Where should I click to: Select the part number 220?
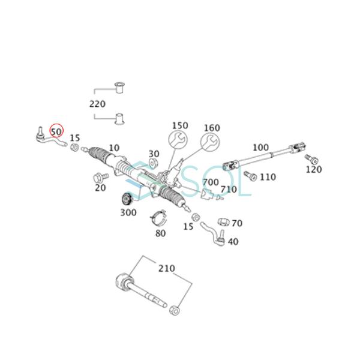97,103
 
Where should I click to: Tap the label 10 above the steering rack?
114,147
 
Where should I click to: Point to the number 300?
128,212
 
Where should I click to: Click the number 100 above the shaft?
260,147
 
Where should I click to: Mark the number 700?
211,182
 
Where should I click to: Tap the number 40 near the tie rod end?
233,241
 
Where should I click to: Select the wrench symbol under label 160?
208,143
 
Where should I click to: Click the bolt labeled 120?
311,158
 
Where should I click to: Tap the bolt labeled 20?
100,178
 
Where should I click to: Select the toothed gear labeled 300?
127,199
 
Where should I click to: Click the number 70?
237,223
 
